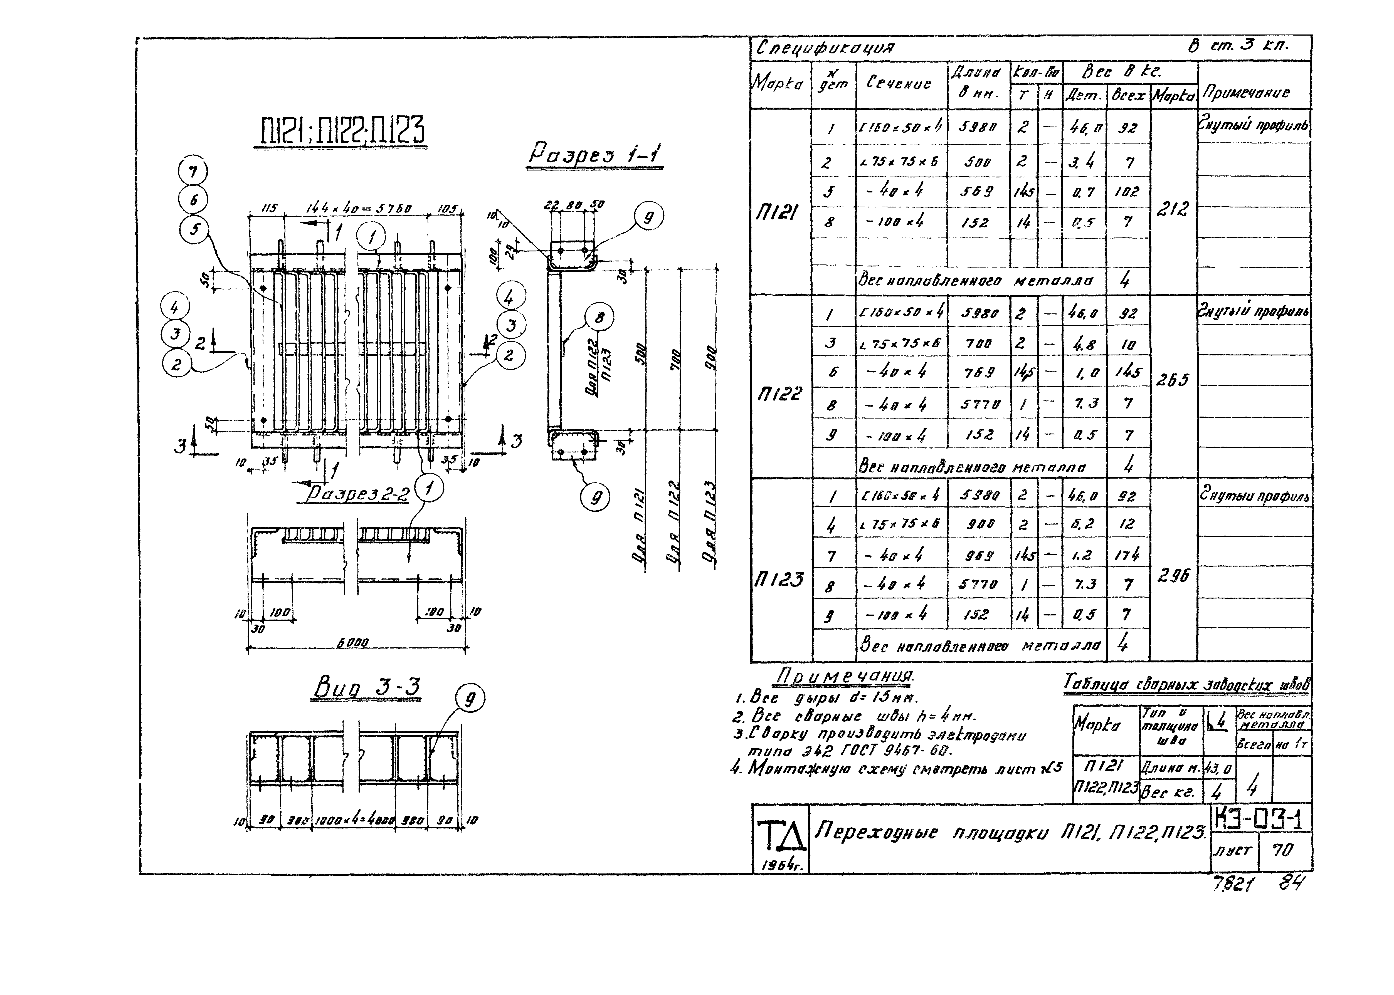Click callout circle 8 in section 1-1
599,317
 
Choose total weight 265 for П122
1172,380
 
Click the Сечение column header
898,83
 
